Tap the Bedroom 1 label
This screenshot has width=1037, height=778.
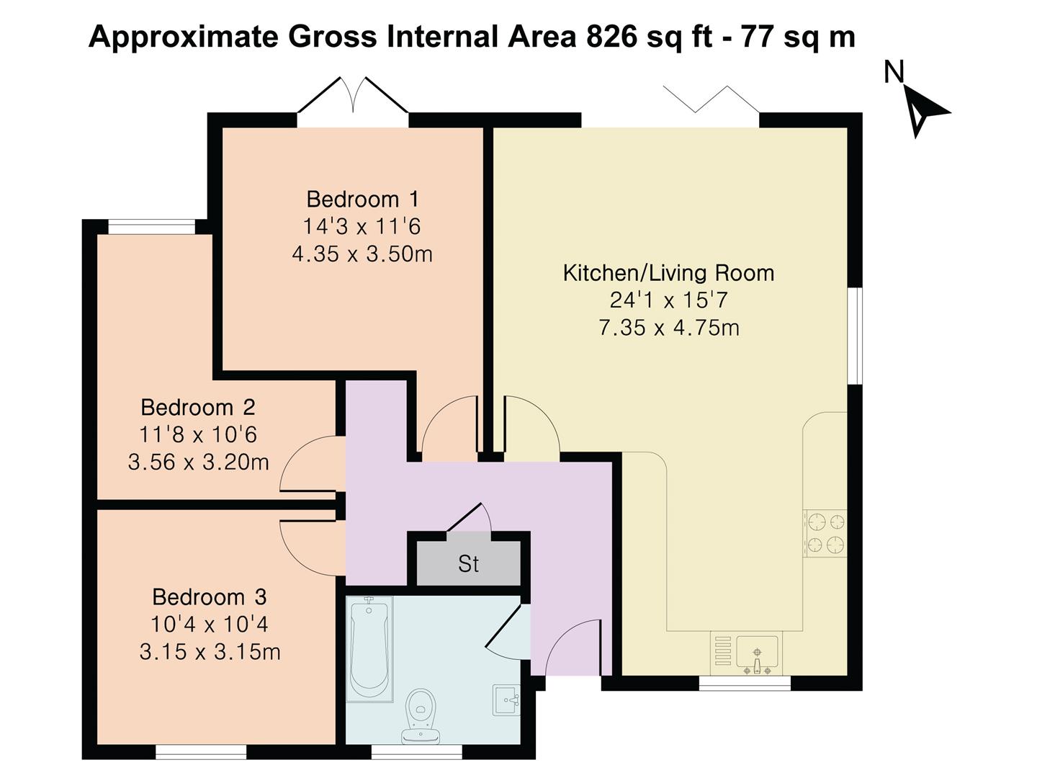362,199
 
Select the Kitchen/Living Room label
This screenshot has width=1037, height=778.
668,273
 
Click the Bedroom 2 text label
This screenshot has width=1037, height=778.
198,408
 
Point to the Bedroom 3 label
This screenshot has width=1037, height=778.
209,597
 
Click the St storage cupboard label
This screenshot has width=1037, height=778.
468,564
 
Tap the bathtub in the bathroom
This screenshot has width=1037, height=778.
369,648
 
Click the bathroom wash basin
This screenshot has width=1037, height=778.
507,699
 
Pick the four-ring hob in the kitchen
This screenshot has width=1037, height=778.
825,533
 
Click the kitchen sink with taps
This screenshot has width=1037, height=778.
756,653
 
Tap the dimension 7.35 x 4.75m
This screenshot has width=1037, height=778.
668,328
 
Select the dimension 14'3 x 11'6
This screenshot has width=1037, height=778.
362,227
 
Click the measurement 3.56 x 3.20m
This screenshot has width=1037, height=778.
198,462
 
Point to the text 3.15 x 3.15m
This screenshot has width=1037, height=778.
210,653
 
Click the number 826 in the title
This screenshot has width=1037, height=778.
611,36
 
